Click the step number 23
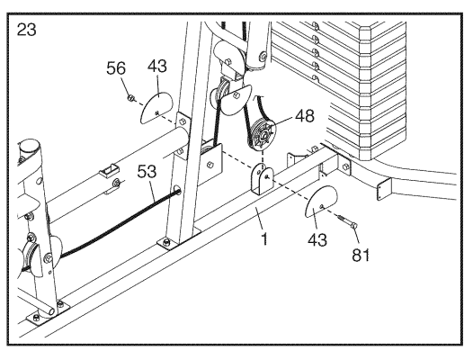27,30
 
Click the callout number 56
116,68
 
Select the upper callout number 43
157,66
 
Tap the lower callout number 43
317,240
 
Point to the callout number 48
305,116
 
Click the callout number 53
147,171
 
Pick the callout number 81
361,256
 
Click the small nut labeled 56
131,97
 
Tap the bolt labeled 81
347,221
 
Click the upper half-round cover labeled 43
156,108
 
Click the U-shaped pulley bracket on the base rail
262,179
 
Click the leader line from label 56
125,85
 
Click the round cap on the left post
30,148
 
